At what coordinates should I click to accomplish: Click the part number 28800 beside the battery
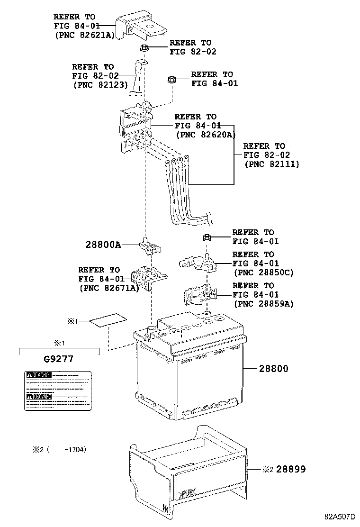274,368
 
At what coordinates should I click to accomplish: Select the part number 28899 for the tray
291,469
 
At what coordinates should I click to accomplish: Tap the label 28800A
103,245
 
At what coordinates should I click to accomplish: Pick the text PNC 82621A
85,35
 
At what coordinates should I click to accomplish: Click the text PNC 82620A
206,134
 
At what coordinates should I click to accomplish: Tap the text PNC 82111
272,164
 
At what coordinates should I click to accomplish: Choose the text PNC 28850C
264,273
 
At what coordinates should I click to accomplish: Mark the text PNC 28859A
263,304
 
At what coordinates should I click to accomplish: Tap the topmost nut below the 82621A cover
145,47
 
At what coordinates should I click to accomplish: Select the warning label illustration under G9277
57,390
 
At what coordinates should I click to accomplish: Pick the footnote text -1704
76,449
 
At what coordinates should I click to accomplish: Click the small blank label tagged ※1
108,321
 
